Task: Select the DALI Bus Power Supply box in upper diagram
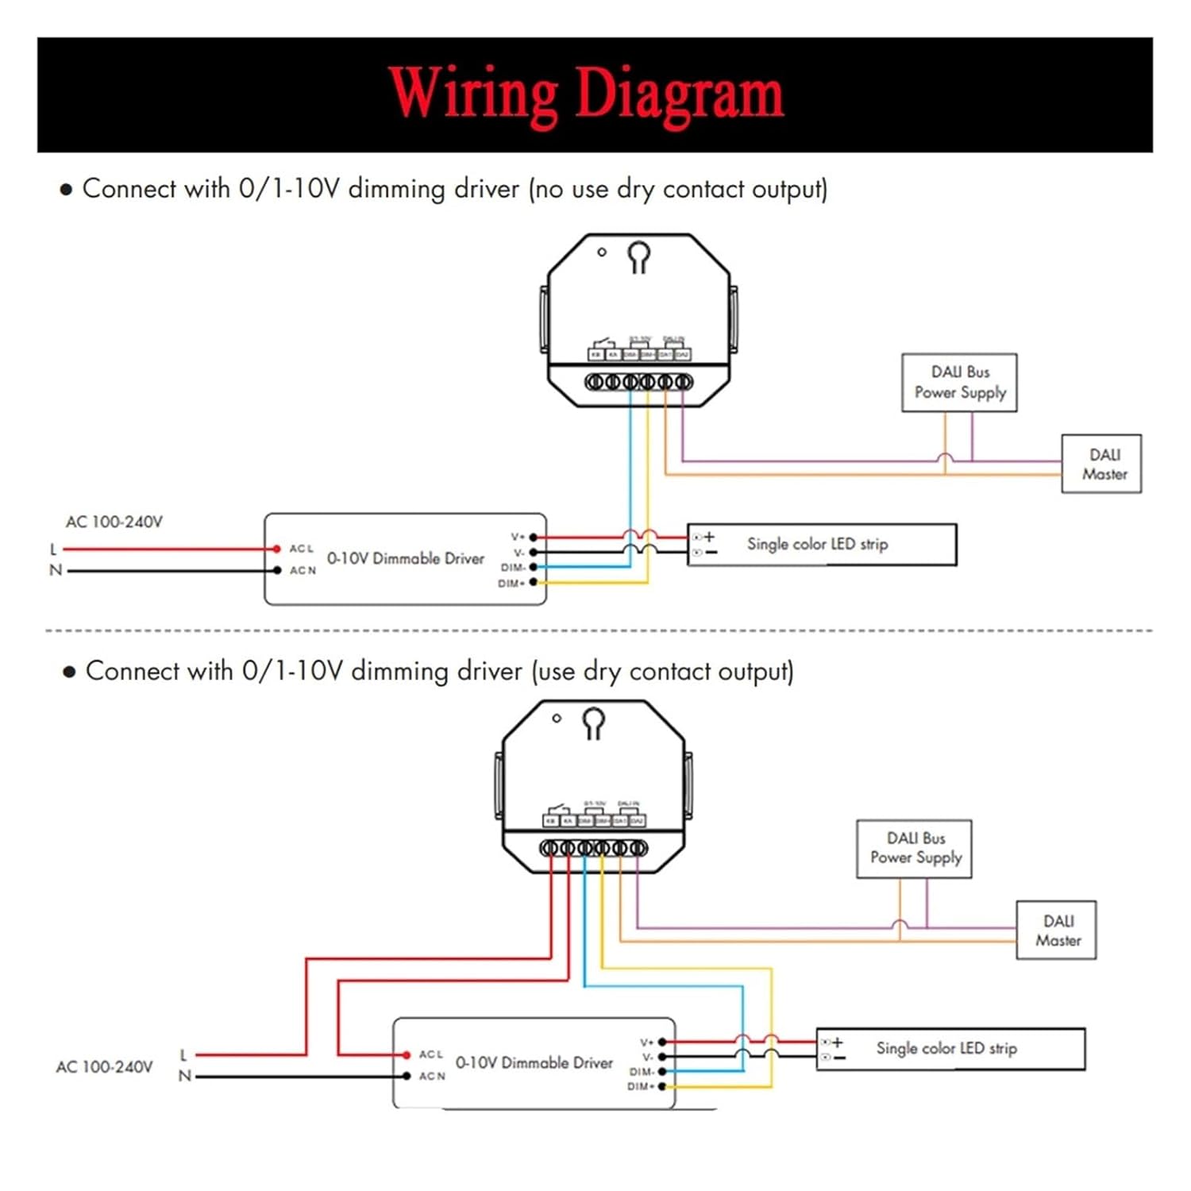pyautogui.click(x=959, y=383)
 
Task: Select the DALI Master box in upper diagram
pyautogui.click(x=1101, y=464)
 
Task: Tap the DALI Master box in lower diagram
pyautogui.click(x=1056, y=930)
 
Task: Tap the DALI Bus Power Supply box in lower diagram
pyautogui.click(x=914, y=849)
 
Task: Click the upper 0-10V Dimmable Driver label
pyautogui.click(x=405, y=559)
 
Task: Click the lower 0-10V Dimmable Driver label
pyautogui.click(x=534, y=1063)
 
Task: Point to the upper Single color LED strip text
pyautogui.click(x=817, y=545)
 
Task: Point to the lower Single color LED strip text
pyautogui.click(x=946, y=1049)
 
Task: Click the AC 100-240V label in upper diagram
pyautogui.click(x=114, y=522)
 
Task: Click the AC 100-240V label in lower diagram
pyautogui.click(x=104, y=1067)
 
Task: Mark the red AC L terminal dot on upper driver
pyautogui.click(x=276, y=549)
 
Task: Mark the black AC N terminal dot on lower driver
pyautogui.click(x=406, y=1076)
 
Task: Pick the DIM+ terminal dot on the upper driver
pyautogui.click(x=534, y=583)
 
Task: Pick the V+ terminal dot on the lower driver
pyautogui.click(x=662, y=1042)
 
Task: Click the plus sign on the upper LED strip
pyautogui.click(x=709, y=538)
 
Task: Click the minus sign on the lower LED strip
pyautogui.click(x=838, y=1058)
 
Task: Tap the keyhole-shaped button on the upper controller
pyautogui.click(x=639, y=256)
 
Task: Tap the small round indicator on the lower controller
pyautogui.click(x=557, y=718)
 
